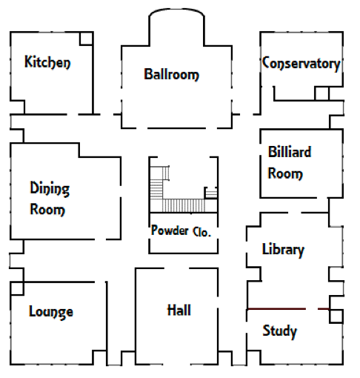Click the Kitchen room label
point(47,62)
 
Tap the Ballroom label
point(171,74)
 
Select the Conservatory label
point(301,64)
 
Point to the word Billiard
point(290,152)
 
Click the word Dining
point(50,188)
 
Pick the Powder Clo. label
point(181,231)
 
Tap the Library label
point(283,250)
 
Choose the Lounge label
point(51,312)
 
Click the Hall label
point(179,311)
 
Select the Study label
point(279,331)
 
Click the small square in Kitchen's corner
point(86,39)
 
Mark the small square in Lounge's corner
point(17,288)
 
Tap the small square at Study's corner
point(336,316)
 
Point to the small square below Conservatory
point(321,93)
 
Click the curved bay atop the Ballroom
point(176,13)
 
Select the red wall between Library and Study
point(288,309)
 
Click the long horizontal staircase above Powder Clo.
point(184,205)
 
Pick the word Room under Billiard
point(285,173)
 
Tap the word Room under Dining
point(47,210)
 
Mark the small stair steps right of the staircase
point(211,193)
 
